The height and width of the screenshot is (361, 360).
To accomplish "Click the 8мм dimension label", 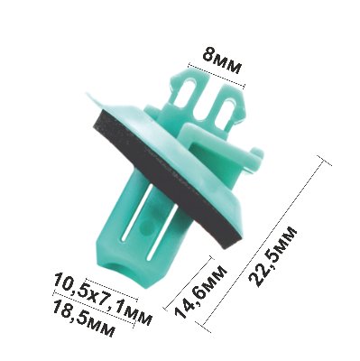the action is point(221,61).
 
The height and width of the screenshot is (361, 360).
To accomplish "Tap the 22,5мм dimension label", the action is point(272,256).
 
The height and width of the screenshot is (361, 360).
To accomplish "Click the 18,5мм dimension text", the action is point(82,319).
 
